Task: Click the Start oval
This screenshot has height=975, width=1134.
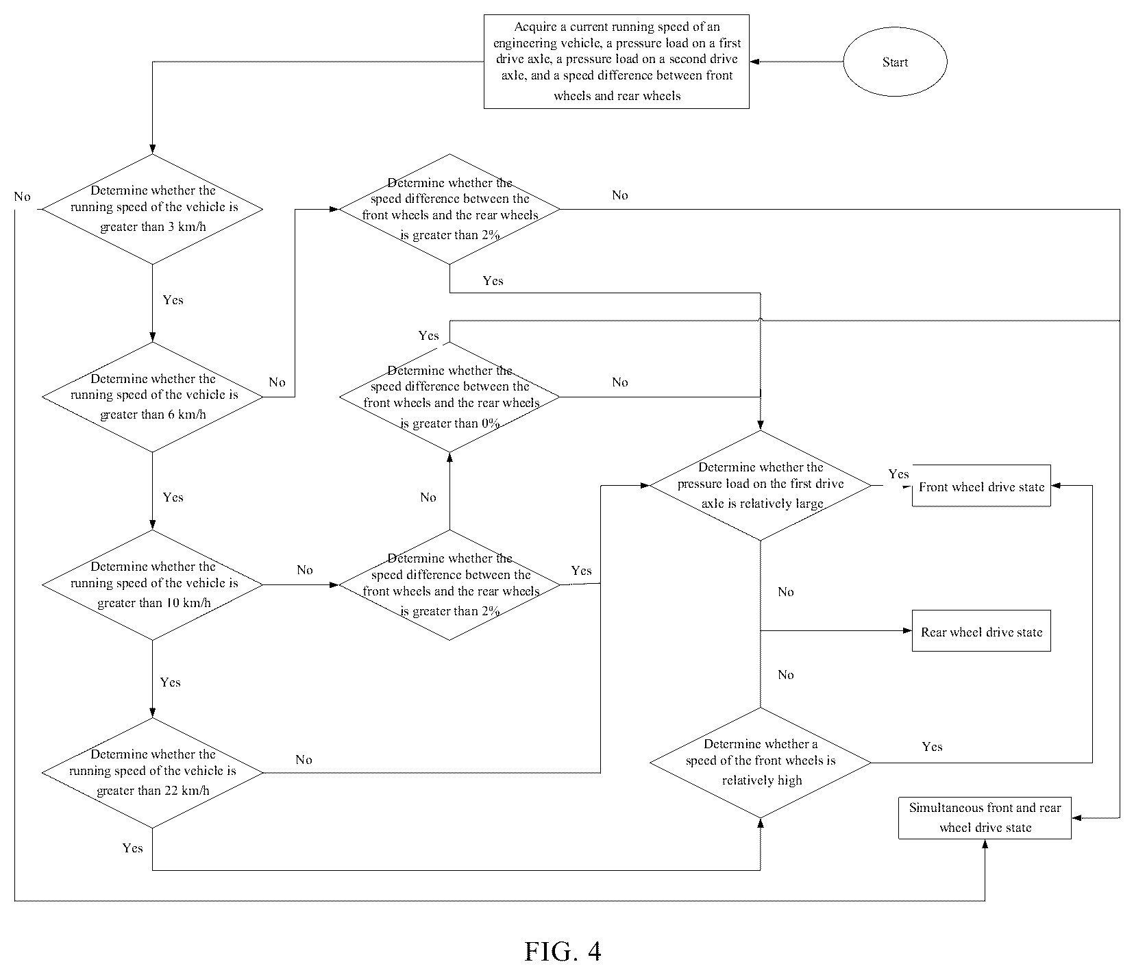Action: tap(895, 62)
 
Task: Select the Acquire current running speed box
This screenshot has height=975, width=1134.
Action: tap(616, 62)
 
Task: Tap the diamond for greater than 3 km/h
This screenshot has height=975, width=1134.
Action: tap(152, 208)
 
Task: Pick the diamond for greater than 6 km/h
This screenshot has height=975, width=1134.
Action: tap(152, 397)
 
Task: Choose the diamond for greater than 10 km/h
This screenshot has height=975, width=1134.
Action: tap(152, 584)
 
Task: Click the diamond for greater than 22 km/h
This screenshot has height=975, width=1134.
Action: tap(152, 773)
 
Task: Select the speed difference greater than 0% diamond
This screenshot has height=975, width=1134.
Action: tap(449, 397)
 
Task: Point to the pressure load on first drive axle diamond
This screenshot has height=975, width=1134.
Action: tap(761, 486)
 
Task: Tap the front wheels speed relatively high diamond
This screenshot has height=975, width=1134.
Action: tap(761, 762)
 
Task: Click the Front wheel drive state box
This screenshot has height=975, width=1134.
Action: tap(981, 486)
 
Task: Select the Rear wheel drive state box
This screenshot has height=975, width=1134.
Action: tap(981, 631)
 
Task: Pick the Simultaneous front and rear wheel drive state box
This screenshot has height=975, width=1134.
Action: tap(985, 817)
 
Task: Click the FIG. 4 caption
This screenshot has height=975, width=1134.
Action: tap(563, 951)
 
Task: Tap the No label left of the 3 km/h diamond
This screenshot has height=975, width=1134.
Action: tap(23, 197)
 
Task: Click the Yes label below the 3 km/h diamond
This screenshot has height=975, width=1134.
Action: tap(173, 299)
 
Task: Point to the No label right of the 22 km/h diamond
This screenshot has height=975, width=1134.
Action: tap(304, 759)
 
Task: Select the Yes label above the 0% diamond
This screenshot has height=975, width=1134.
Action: tap(428, 335)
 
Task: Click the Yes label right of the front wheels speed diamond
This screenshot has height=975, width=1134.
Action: tap(932, 746)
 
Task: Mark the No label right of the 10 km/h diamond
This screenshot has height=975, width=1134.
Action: tap(304, 569)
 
